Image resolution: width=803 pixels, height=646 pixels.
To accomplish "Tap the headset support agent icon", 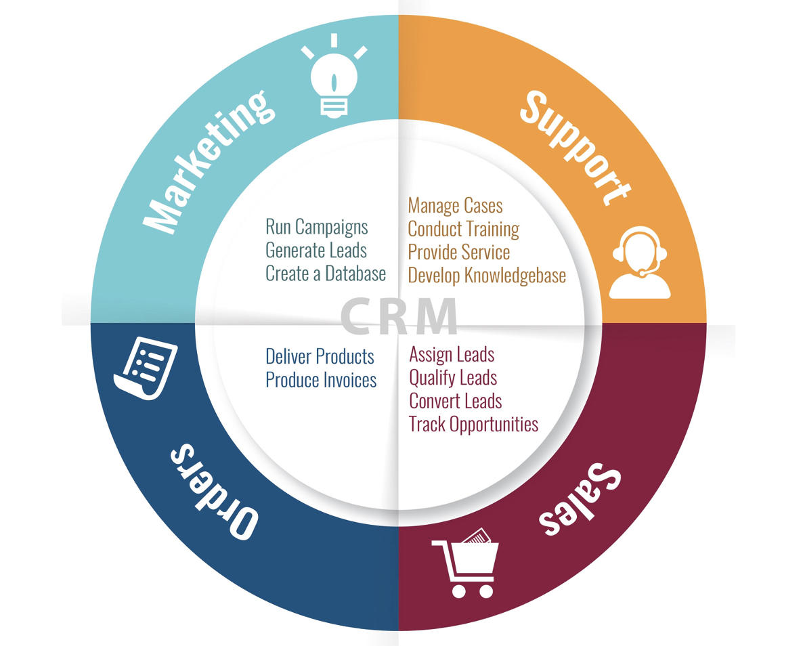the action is [640, 262].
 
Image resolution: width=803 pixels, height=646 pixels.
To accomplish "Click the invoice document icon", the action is [146, 367].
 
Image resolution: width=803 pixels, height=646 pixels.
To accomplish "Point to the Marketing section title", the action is [209, 163].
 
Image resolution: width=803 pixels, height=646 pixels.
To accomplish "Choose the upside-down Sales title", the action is [580, 499].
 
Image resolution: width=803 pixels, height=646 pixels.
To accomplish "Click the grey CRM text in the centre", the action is [398, 316].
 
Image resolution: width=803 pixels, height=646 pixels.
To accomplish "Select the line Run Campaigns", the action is [316, 227].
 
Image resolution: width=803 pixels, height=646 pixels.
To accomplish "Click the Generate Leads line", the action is [316, 251].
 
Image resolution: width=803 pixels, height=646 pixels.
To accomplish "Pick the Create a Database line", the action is [326, 274].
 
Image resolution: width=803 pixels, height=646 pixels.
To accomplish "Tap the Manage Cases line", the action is [455, 206].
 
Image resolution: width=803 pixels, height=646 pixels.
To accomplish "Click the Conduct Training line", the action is [464, 230].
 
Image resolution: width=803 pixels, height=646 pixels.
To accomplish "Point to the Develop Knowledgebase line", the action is [487, 276].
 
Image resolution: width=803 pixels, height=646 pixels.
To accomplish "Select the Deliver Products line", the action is [320, 357].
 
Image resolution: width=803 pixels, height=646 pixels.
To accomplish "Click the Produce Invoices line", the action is [321, 380].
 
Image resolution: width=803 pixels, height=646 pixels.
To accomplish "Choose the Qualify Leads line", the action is [453, 378].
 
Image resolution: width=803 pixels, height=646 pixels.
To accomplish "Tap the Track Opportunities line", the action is [474, 425].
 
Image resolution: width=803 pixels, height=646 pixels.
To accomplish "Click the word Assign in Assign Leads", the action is [430, 355].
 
